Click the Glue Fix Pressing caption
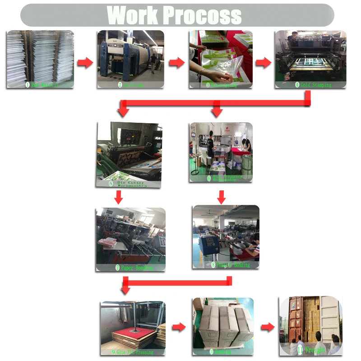click(135, 352)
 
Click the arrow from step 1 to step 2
click(85, 63)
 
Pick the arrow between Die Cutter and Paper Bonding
click(119, 197)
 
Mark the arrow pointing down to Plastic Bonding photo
click(221, 197)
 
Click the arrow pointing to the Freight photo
click(268, 327)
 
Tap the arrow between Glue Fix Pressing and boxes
click(179, 327)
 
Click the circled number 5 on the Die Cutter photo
click(111, 184)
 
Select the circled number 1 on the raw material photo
click(27, 84)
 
